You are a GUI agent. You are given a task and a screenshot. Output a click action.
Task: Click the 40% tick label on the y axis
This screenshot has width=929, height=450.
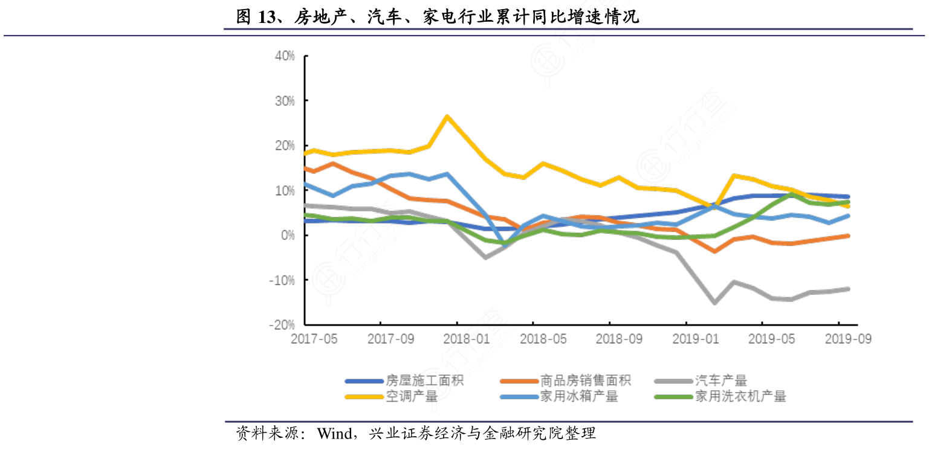(x=283, y=56)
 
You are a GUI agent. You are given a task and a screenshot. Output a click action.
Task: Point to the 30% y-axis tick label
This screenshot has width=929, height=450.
(x=283, y=101)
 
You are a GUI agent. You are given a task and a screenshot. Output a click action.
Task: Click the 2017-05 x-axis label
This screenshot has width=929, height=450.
(x=314, y=339)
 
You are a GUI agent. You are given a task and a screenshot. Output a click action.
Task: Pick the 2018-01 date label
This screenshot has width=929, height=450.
(x=466, y=339)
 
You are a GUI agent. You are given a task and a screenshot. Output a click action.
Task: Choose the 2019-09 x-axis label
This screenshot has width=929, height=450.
(x=848, y=339)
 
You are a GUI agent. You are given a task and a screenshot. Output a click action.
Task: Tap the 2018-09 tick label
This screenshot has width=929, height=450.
(x=618, y=339)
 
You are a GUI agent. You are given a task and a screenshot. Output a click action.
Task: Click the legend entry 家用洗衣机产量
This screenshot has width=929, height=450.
(x=740, y=397)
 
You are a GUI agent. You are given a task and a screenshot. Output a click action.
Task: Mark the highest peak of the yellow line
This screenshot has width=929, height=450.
(x=447, y=116)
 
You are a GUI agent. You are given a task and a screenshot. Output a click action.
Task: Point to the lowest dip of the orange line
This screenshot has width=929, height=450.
(x=714, y=251)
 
